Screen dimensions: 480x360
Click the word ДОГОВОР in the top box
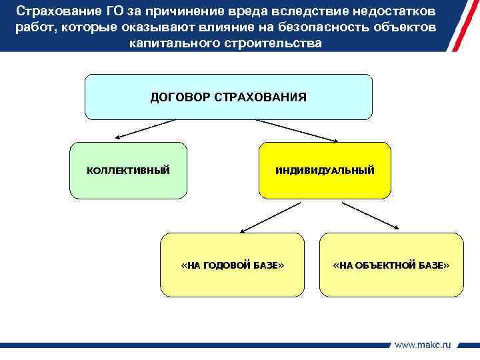click(177, 97)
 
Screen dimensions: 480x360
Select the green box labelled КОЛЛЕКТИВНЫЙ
click(129, 171)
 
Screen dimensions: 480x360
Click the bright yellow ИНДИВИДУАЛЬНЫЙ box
click(325, 171)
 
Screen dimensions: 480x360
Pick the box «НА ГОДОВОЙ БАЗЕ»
click(232, 265)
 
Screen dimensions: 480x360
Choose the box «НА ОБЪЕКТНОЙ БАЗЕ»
click(391, 265)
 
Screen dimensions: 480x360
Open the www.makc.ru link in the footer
click(423, 345)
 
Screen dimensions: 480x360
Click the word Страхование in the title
click(55, 12)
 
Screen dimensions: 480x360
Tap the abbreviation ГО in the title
click(114, 12)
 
